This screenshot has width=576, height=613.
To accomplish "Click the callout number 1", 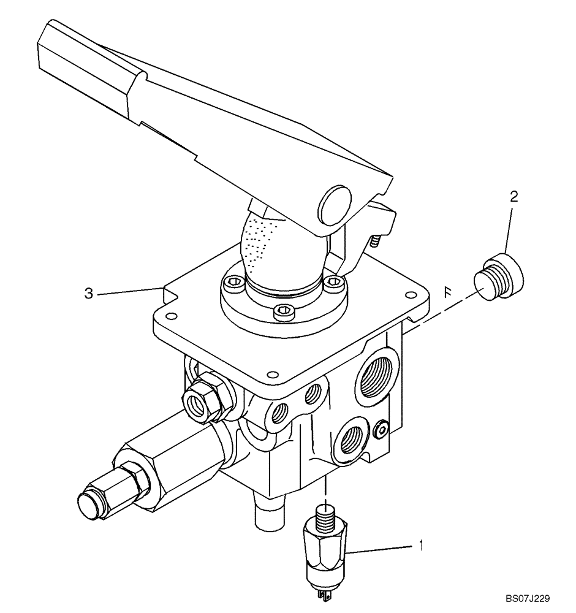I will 421,544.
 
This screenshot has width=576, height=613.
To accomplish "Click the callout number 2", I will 514,197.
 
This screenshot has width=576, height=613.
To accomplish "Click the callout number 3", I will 89,294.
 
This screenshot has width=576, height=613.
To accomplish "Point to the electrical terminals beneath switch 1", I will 325,592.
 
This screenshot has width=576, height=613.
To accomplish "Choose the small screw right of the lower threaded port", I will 382,430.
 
